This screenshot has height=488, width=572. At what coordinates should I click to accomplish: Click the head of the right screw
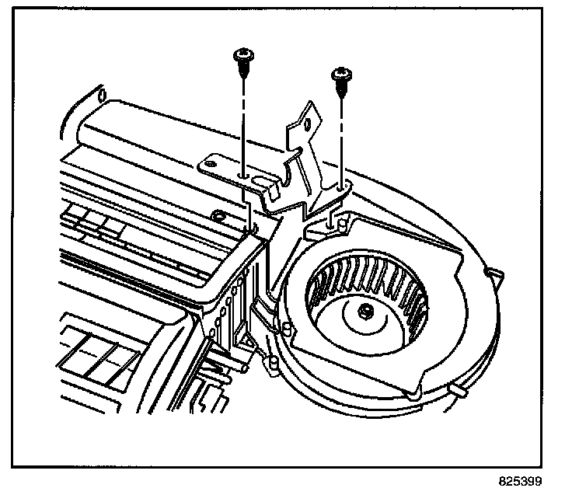[340, 75]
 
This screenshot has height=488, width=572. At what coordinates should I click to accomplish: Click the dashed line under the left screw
[243, 124]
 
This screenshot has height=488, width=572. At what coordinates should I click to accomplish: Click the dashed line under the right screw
[340, 140]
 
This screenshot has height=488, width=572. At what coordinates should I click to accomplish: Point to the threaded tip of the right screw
[340, 91]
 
